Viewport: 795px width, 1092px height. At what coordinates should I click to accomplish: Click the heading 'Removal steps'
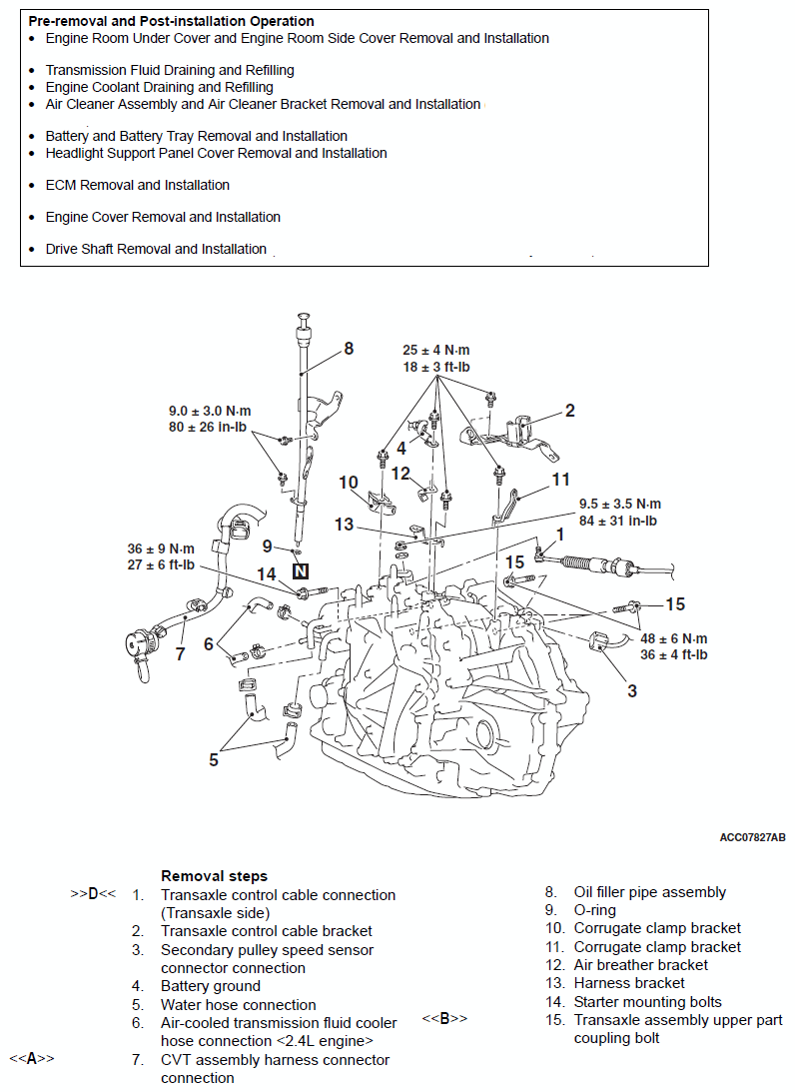tap(214, 876)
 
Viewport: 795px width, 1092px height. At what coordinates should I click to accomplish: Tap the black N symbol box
tap(301, 571)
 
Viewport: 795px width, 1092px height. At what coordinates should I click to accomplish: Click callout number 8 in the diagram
tap(349, 349)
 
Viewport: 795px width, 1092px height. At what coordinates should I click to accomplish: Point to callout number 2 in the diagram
tap(569, 410)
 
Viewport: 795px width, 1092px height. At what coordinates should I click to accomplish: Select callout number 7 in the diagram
tap(180, 653)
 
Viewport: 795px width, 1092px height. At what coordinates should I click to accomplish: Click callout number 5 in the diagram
tap(214, 759)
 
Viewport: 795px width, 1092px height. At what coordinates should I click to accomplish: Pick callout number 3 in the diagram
tap(631, 689)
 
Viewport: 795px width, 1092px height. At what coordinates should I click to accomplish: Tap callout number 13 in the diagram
tap(344, 524)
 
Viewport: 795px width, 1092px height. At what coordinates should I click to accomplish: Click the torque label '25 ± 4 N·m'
tap(436, 350)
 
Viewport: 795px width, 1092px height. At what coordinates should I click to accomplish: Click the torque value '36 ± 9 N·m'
tap(160, 548)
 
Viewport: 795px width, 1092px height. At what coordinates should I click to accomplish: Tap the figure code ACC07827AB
tap(751, 837)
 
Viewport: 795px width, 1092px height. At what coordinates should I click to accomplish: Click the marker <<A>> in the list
tap(32, 1059)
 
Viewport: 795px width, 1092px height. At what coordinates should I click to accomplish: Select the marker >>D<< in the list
tap(93, 894)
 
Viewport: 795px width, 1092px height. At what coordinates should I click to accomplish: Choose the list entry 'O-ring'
tap(594, 910)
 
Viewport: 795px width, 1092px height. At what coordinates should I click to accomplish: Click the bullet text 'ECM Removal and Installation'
tap(138, 185)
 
